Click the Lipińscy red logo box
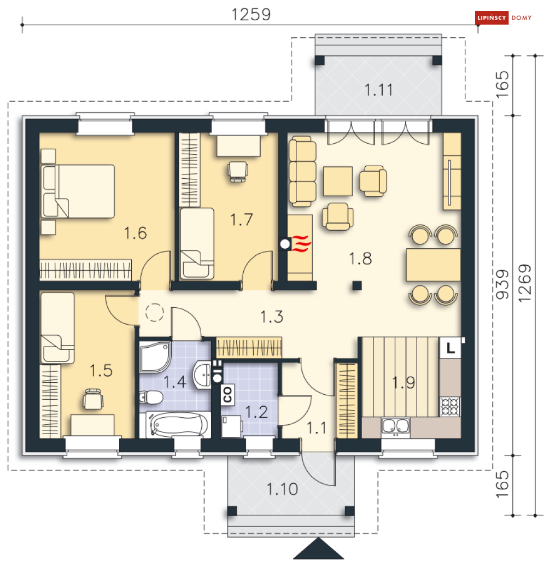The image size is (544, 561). [x=492, y=17]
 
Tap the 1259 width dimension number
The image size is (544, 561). [x=251, y=15]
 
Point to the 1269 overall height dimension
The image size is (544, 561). [x=525, y=283]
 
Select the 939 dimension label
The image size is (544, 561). [x=502, y=284]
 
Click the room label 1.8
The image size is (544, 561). [x=360, y=258]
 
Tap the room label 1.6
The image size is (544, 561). [x=135, y=233]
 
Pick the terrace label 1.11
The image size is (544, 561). [x=379, y=90]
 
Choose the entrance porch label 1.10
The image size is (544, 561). [x=282, y=489]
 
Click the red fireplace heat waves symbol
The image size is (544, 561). [x=301, y=244]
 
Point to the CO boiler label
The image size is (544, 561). [x=227, y=394]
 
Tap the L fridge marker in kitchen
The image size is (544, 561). [x=451, y=348]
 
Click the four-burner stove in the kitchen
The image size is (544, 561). [x=450, y=406]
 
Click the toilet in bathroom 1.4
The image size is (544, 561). [x=151, y=397]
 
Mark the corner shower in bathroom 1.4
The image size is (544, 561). [x=155, y=357]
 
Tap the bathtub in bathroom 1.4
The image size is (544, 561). [x=178, y=425]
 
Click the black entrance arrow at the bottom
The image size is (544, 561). [x=318, y=548]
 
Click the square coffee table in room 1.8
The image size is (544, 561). [x=338, y=181]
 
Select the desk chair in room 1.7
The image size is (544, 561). [x=238, y=172]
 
